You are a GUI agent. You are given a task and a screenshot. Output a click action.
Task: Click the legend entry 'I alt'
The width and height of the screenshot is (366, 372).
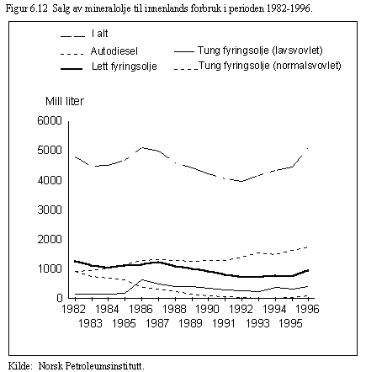point(99,34)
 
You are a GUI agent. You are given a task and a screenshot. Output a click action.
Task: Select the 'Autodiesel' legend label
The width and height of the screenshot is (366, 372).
point(114,51)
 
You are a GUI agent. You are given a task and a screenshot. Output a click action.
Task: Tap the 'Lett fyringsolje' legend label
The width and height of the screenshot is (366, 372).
point(125,66)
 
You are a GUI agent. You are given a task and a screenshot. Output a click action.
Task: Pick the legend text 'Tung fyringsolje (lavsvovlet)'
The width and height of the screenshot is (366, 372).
point(260,50)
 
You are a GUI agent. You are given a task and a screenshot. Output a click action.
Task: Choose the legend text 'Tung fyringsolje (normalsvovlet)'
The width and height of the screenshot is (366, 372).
point(270,66)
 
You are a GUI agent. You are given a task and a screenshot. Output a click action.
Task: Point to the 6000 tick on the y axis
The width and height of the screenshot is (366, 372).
point(50,120)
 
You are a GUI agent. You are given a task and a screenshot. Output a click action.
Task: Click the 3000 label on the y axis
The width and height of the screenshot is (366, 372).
point(50,210)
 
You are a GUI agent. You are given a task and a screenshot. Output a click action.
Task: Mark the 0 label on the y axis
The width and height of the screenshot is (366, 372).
point(60,298)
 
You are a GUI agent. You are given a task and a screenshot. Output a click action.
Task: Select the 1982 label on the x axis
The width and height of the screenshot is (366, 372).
point(73,309)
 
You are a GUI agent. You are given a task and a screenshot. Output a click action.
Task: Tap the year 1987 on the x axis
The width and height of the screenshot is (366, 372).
point(157,323)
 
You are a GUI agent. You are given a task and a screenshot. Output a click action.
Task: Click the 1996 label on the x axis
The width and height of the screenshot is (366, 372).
point(307,309)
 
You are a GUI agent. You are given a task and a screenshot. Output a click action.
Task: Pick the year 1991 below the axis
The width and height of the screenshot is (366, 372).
point(224,323)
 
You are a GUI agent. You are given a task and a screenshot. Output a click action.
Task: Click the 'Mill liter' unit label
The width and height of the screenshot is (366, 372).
point(65,101)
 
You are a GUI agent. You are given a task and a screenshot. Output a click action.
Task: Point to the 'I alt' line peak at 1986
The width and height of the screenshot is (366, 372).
point(142,147)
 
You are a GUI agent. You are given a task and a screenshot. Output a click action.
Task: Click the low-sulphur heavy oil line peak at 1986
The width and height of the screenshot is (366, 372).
point(142,279)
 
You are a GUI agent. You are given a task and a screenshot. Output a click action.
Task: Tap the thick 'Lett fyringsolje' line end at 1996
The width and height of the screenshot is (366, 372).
point(308,270)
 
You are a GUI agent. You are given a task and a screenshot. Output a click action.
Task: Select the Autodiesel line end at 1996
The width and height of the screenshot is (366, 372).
point(308,247)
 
